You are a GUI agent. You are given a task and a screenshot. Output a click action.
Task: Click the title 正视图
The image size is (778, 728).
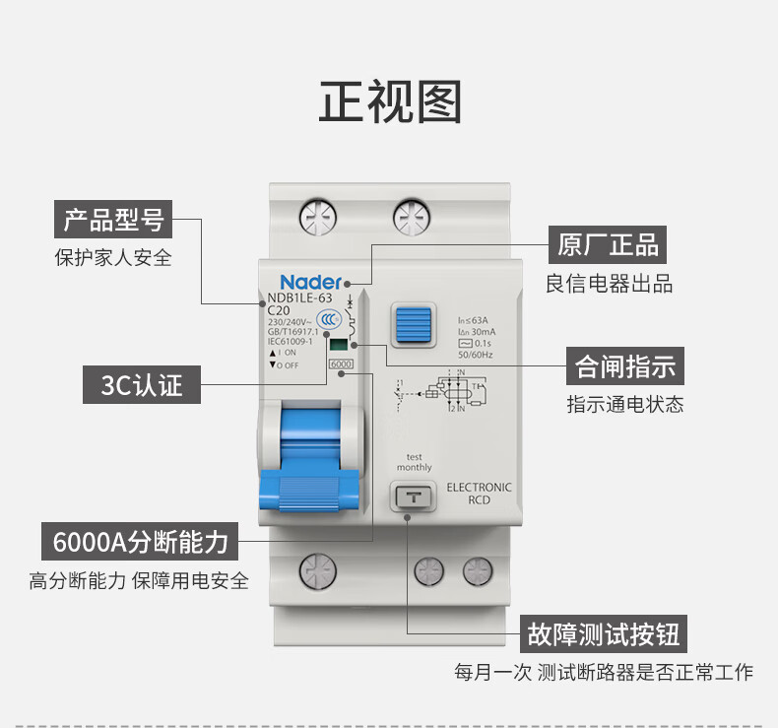pos(389,101)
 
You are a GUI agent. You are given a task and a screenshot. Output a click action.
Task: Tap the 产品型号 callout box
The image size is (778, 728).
pos(113,218)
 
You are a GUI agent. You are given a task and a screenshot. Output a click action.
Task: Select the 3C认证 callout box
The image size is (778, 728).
pos(141,384)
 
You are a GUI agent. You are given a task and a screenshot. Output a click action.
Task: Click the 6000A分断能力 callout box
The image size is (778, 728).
pos(141,541)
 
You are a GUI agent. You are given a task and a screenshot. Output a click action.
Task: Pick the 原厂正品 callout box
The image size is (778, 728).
pos(608,243)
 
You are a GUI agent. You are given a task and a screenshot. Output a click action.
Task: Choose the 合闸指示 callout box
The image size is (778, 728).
pos(626,366)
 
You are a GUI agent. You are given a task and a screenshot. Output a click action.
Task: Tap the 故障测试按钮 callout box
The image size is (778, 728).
pos(604,632)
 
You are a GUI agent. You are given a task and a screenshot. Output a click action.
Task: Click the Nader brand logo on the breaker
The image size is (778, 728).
pos(310,281)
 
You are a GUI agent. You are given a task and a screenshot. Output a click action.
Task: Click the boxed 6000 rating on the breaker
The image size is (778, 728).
pos(341,364)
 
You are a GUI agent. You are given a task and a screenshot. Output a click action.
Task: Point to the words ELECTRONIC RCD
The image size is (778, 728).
pos(480,493)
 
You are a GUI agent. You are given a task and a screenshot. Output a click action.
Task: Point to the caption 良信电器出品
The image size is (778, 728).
pos(610,285)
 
